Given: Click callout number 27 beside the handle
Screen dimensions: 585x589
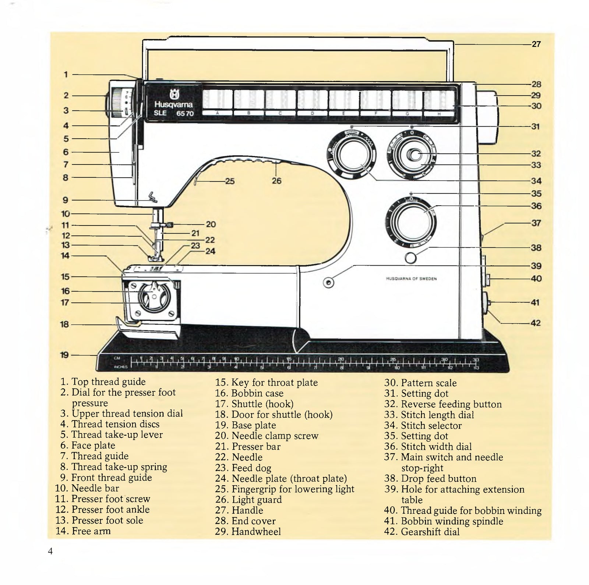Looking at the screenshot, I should click(536, 44).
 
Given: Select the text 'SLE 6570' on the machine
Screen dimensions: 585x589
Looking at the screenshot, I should click(173, 113).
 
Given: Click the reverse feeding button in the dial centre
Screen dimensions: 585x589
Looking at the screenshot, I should click(415, 155).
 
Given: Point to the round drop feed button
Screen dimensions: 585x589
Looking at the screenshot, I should click(410, 258).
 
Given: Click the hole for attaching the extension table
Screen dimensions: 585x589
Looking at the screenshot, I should click(328, 283).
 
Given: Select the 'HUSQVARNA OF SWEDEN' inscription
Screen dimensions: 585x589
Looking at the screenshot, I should click(411, 279).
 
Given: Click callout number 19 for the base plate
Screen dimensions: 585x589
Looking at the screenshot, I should click(64, 355).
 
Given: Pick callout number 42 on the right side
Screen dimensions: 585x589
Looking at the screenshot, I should click(535, 323).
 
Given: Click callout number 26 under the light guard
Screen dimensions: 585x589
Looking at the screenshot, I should click(276, 181).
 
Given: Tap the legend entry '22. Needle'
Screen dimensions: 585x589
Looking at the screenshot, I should click(239, 457).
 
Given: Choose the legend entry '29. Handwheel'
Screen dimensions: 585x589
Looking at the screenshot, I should click(248, 531).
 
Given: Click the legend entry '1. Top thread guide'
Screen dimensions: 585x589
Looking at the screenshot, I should click(103, 382).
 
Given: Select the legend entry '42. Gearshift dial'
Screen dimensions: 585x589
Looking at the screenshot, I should click(422, 532).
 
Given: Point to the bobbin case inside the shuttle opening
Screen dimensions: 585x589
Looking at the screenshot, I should click(154, 297).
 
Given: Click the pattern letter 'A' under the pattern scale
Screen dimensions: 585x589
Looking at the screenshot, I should click(217, 113).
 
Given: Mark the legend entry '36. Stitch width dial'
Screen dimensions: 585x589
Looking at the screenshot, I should click(428, 447).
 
